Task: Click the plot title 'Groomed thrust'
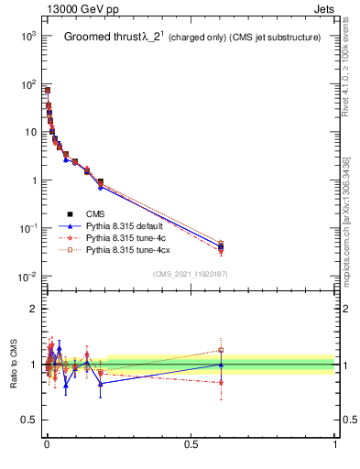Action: pyautogui.click(x=100, y=38)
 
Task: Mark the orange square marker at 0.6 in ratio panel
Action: pyautogui.click(x=220, y=350)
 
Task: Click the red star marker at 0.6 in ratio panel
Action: pyautogui.click(x=220, y=382)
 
